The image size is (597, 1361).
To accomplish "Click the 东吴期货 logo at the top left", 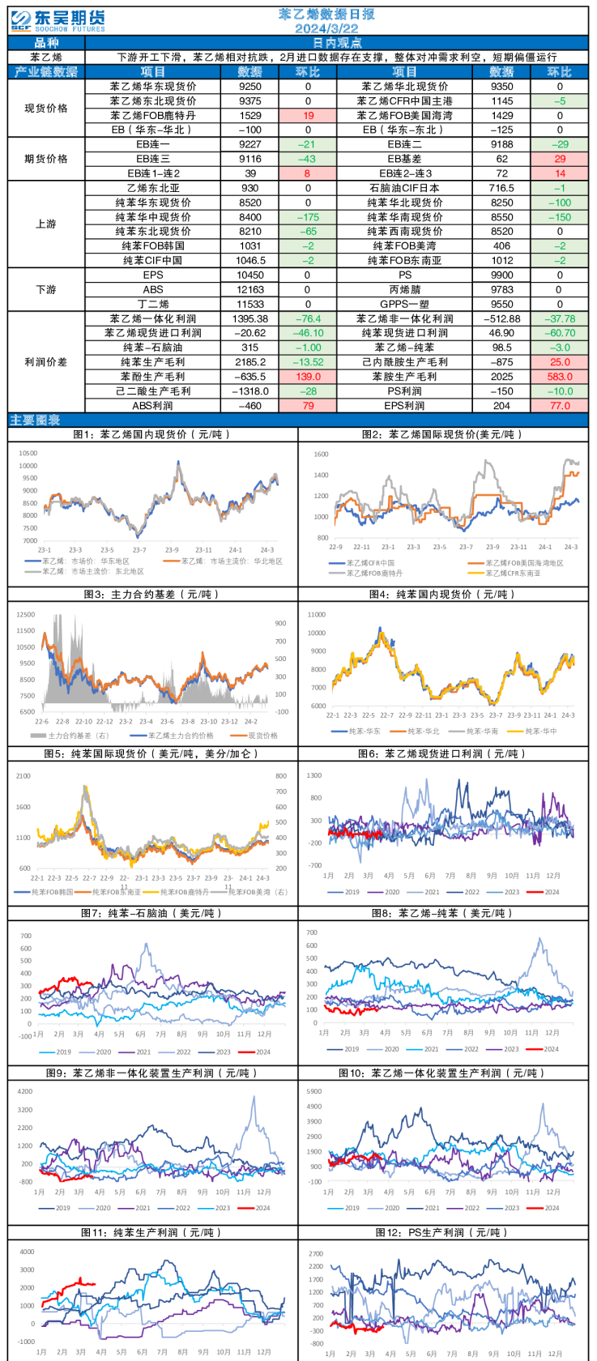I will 58,20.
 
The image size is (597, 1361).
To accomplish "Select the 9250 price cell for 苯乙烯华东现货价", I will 250,87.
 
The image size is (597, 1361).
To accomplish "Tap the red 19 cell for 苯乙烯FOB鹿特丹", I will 308,116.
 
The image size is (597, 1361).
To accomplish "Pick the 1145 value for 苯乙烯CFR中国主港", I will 501,101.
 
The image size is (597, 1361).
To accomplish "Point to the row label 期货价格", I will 46,159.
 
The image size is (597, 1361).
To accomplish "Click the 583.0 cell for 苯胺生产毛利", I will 559,377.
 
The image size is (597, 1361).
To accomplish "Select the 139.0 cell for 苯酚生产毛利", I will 308,377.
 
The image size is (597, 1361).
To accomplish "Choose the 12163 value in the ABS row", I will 250,289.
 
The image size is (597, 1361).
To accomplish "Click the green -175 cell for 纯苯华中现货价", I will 308,217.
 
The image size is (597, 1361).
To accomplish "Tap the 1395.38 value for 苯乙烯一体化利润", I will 250,319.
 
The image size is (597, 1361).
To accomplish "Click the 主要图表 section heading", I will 35,420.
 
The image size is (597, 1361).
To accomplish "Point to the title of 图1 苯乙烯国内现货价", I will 152,434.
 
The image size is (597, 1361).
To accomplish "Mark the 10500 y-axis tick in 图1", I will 28,454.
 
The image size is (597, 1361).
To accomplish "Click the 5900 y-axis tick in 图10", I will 313,1091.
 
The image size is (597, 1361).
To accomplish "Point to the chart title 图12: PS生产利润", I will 441,1232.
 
